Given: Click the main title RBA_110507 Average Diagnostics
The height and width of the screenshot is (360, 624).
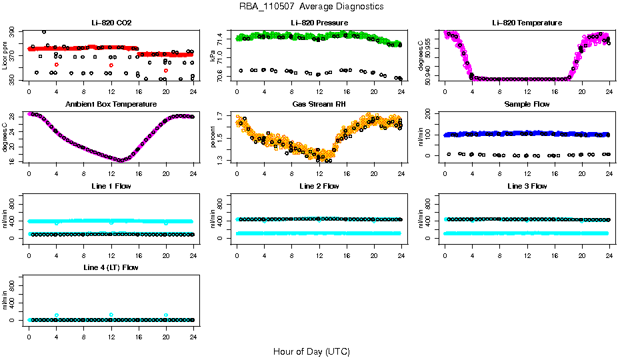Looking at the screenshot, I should [311, 7].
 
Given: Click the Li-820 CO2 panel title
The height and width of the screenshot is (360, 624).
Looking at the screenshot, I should [111, 23].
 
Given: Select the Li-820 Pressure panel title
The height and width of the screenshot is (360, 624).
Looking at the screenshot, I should [319, 23].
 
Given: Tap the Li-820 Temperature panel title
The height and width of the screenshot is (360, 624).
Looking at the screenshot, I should [527, 23].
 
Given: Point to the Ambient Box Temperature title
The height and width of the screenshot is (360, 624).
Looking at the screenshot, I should [111, 105].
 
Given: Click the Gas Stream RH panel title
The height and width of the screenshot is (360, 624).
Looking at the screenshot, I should [319, 105].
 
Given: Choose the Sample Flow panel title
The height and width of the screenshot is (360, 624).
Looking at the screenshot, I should [527, 105].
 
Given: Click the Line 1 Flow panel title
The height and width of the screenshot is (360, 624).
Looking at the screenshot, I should [111, 187].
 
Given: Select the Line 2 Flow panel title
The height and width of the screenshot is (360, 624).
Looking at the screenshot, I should [319, 187].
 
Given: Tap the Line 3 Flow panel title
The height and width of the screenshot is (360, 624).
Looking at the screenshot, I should [527, 187].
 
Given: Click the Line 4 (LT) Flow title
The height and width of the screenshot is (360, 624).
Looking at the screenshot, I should [111, 268].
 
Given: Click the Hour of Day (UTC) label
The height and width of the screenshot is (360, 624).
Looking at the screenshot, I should [311, 351].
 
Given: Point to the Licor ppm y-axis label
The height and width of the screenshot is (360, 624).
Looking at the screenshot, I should [5, 56].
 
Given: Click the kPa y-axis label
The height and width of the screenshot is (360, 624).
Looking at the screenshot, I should [213, 56].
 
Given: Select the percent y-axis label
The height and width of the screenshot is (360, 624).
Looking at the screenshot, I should [213, 138].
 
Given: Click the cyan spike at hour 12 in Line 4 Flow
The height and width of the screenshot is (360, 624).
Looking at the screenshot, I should [111, 315].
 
